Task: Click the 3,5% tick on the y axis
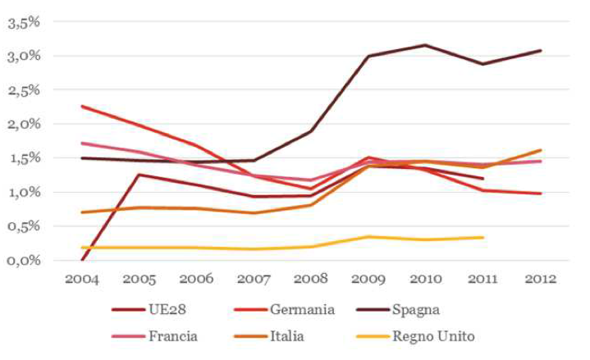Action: pyautogui.click(x=24, y=22)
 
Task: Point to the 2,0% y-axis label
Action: pyautogui.click(x=24, y=124)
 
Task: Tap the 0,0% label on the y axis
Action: pyautogui.click(x=24, y=260)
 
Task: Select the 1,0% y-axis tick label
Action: pyautogui.click(x=24, y=192)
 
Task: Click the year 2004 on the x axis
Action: pyautogui.click(x=82, y=279)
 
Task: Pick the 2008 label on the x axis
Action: pyautogui.click(x=311, y=279)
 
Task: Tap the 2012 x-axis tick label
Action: pyautogui.click(x=539, y=279)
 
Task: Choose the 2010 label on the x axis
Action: pyautogui.click(x=425, y=279)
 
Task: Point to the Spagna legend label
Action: pyautogui.click(x=417, y=310)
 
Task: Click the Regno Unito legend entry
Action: pyautogui.click(x=432, y=335)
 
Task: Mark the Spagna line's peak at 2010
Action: pyautogui.click(x=425, y=45)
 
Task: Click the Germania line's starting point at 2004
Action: pyautogui.click(x=82, y=106)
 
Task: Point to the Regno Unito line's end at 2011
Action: pyautogui.click(x=483, y=238)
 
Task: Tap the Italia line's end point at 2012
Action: pyautogui.click(x=539, y=150)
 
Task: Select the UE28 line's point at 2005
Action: pyautogui.click(x=139, y=175)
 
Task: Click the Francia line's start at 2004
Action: pyautogui.click(x=82, y=144)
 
